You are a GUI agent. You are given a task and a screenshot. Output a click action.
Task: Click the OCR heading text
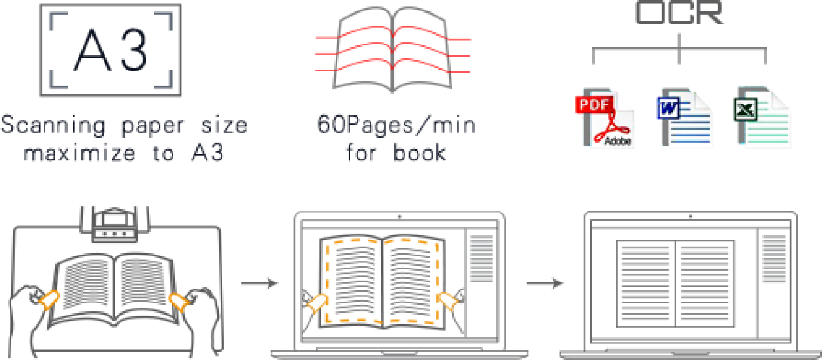coord(679,13)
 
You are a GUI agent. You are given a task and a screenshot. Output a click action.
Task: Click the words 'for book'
coord(395,153)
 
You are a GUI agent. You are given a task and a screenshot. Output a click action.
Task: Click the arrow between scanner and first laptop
coord(260,284)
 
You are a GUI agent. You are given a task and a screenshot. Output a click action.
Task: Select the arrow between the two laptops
coord(545,284)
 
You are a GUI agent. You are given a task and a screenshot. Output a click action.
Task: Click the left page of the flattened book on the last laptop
coord(646,283)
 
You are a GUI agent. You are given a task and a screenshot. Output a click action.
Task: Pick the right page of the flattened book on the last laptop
coord(705,283)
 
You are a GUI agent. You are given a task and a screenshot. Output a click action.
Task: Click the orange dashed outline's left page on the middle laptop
coord(356,280)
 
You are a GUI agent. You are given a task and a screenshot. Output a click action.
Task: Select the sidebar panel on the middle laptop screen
coord(481,258)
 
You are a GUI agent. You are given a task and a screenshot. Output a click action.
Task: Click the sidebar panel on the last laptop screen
coord(773,258)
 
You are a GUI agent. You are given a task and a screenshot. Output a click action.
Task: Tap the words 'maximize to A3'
coord(124,153)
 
